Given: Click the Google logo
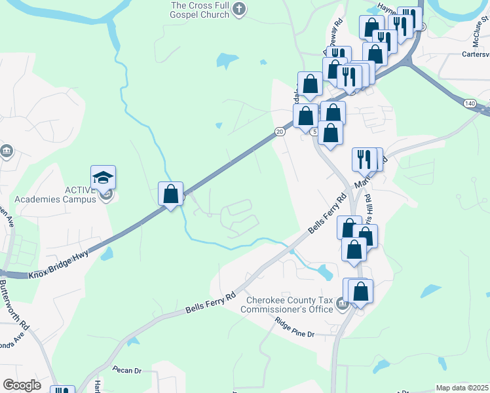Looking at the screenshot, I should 22,385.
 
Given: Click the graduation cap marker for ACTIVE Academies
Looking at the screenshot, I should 103,178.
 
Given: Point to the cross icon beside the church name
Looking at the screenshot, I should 239,9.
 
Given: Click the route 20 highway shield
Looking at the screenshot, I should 280,132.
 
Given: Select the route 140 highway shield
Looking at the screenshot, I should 469,103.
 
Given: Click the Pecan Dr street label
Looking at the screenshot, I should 127,370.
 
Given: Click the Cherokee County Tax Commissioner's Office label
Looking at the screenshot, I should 289,305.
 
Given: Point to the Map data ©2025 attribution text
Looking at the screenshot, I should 462,388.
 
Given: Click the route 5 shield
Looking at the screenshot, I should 314,132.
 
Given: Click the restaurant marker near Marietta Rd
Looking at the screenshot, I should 364,159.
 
